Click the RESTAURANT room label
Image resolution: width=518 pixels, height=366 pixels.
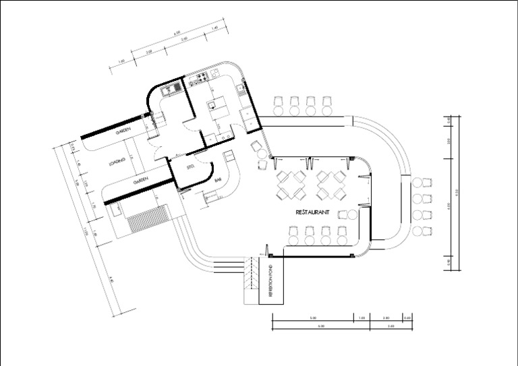[x=312, y=212]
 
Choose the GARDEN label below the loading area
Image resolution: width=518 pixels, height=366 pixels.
[x=140, y=181]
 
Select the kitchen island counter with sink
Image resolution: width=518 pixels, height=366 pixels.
[x=216, y=105]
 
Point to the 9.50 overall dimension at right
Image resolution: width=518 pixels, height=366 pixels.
[x=457, y=192]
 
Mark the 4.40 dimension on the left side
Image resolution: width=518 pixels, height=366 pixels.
[x=111, y=277]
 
